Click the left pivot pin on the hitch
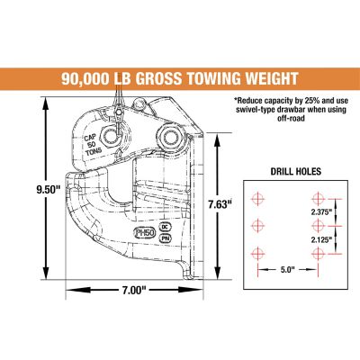112,136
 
